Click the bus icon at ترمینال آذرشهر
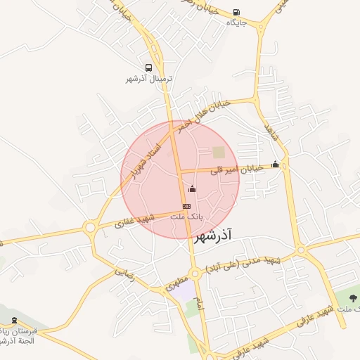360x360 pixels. pyautogui.click(x=148, y=68)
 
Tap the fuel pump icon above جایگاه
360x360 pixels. pyautogui.click(x=235, y=12)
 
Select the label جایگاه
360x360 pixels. pyautogui.click(x=236, y=22)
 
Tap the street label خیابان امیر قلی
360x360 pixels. pyautogui.click(x=241, y=168)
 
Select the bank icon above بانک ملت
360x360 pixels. pyautogui.click(x=186, y=206)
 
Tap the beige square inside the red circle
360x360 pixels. pyautogui.click(x=219, y=152)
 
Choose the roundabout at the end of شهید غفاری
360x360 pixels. pyautogui.click(x=89, y=227)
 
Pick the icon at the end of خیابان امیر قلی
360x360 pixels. pyautogui.click(x=275, y=165)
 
